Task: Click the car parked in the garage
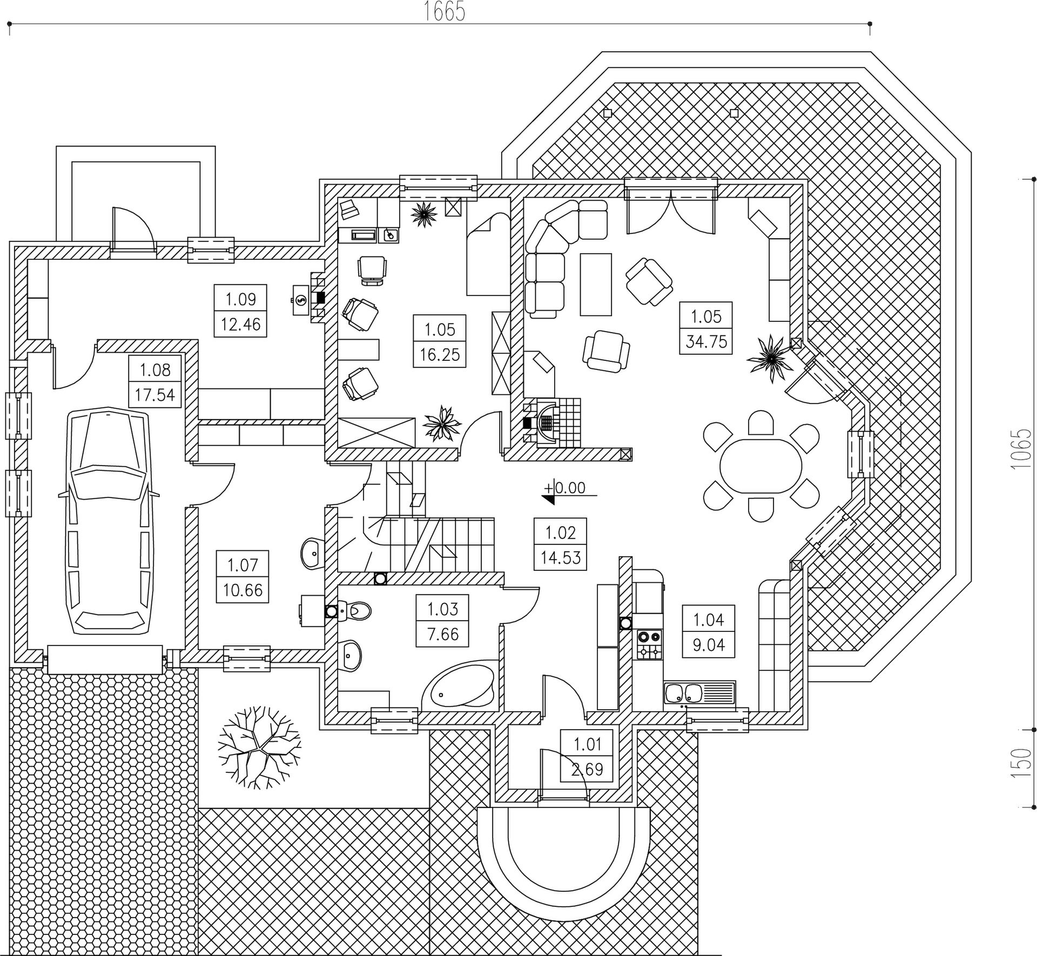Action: point(108,521)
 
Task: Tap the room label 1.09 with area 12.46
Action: point(240,311)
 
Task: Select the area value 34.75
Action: point(706,341)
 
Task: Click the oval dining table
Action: point(760,466)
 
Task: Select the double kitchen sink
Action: point(683,692)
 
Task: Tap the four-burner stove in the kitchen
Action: point(650,644)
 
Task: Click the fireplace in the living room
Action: point(547,421)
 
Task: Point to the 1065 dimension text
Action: point(1021,449)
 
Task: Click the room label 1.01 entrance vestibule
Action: point(587,745)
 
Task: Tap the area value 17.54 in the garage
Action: point(155,394)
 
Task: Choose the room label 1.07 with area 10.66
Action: point(243,577)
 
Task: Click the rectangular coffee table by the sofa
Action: point(596,284)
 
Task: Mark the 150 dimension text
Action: point(1021,762)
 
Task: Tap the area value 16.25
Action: point(440,354)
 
